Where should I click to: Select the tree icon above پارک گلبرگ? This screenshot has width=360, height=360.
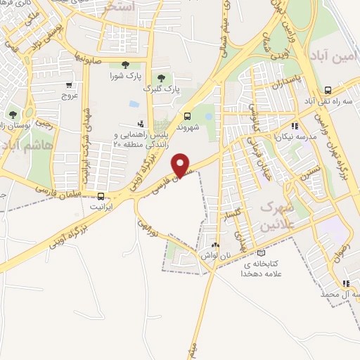[x=162, y=78]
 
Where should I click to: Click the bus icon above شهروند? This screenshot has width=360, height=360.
[x=186, y=117]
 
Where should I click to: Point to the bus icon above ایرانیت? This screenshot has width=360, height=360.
[x=102, y=197]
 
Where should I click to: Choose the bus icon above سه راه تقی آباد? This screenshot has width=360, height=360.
[x=328, y=90]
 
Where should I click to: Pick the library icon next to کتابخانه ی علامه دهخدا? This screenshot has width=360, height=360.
[x=262, y=253]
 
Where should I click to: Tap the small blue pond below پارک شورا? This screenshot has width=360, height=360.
[x=134, y=104]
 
